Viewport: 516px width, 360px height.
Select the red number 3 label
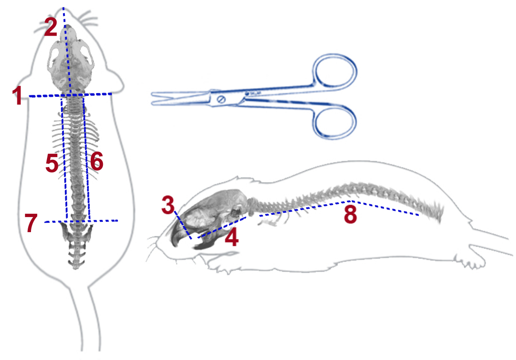(168, 205)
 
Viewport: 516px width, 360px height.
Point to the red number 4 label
(231, 237)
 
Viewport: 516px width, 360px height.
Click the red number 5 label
(52, 163)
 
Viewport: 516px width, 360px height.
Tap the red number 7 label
(31, 224)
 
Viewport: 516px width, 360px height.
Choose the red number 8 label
(350, 214)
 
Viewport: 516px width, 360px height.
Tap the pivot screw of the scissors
(220, 99)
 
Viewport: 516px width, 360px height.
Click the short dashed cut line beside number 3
(182, 226)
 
